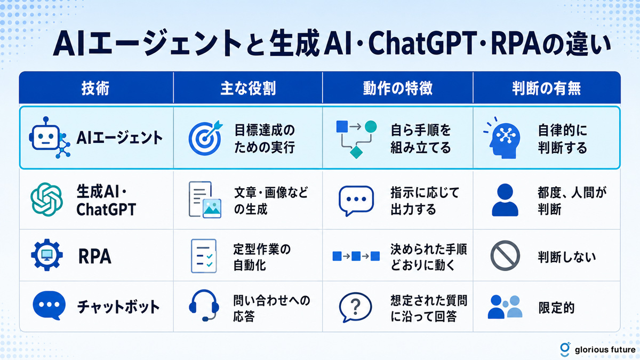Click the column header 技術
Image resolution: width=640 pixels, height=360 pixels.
tap(95, 88)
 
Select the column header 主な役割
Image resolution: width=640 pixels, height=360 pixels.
tap(248, 88)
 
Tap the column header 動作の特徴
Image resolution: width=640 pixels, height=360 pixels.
tap(398, 88)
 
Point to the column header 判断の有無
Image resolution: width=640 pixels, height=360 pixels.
tap(546, 88)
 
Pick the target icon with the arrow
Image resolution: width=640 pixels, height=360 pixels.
tap(205, 138)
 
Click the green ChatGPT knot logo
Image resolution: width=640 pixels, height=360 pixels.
tap(46, 199)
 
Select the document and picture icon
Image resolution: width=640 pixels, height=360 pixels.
tap(205, 199)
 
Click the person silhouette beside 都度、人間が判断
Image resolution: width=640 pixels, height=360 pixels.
tap(505, 199)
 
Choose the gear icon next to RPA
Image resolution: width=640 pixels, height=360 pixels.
tap(47, 255)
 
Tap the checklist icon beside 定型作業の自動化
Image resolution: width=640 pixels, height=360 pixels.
tap(204, 256)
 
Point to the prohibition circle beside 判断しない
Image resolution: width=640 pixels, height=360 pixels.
tap(505, 255)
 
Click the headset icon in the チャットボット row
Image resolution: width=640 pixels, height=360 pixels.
tap(204, 305)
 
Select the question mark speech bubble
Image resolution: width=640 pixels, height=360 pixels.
tap(355, 307)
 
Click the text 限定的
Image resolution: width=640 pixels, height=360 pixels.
tap(556, 308)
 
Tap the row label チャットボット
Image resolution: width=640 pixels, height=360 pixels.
tap(118, 307)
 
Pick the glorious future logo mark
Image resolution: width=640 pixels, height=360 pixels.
tap(565, 349)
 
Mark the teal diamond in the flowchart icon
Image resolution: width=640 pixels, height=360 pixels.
tap(356, 152)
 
